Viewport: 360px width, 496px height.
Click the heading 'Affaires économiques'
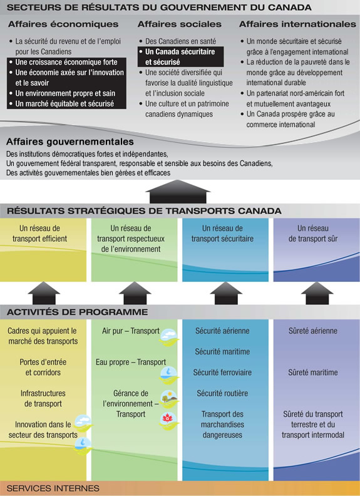63,24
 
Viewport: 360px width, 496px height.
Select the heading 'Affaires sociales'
179,24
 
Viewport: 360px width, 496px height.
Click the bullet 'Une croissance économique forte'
66,63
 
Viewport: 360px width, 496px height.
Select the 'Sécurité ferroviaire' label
222,373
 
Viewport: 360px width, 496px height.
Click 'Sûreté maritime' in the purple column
313,373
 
